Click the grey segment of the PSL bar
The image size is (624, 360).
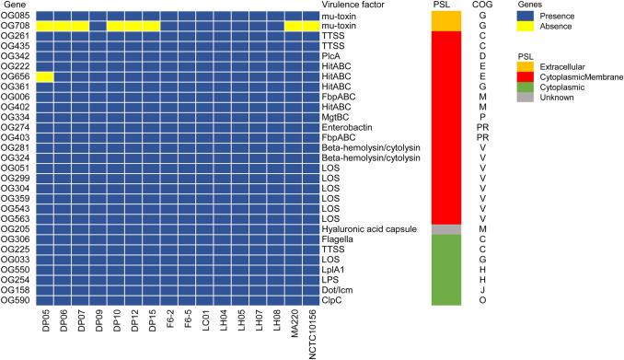[446, 229]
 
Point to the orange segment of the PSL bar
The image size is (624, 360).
[446, 20]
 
